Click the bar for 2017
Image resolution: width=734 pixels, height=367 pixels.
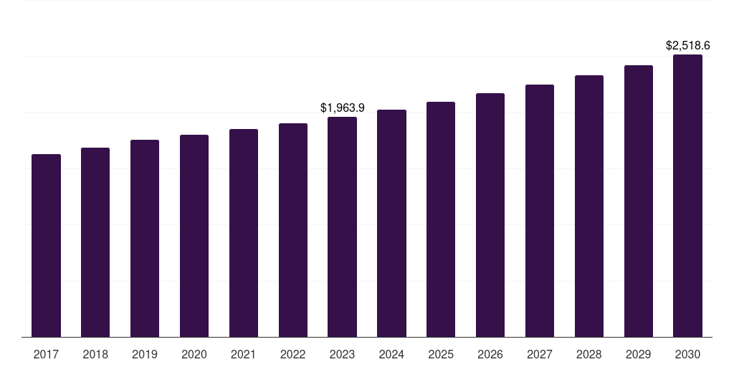[x=46, y=245]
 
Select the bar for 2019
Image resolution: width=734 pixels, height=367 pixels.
[x=145, y=238]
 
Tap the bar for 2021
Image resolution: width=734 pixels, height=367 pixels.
[x=244, y=233]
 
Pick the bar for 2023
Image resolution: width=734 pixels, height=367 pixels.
[x=342, y=227]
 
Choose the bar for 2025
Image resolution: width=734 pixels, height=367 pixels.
[x=441, y=219]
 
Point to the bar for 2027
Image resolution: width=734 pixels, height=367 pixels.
[x=540, y=211]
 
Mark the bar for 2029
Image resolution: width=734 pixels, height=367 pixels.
[x=639, y=201]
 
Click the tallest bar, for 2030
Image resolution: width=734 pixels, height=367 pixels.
[x=687, y=196]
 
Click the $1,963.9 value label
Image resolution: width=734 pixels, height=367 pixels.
[x=342, y=108]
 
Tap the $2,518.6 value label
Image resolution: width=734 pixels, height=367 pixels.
[x=687, y=46]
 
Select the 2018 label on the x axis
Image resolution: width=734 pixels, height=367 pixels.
[x=95, y=354]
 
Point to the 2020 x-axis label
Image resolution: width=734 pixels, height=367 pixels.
[x=194, y=354]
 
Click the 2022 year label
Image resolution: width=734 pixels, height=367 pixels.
[x=293, y=354]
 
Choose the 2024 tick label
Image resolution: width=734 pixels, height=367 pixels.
[x=391, y=354]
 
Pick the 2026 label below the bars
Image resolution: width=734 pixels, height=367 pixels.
[x=490, y=354]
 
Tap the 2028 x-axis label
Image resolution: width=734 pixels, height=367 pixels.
[x=589, y=354]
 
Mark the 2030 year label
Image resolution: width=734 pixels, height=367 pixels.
[x=687, y=354]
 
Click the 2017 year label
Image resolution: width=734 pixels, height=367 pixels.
[x=46, y=354]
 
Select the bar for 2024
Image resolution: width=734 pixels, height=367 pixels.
[x=391, y=223]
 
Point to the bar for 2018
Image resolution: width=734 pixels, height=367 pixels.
[x=95, y=242]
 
